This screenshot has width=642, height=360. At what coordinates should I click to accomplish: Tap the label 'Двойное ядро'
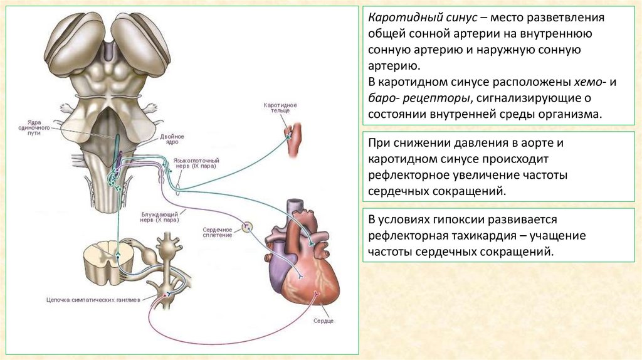171,139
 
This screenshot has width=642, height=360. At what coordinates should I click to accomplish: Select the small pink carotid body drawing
294,138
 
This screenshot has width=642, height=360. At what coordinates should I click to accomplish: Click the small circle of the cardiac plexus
247,226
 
